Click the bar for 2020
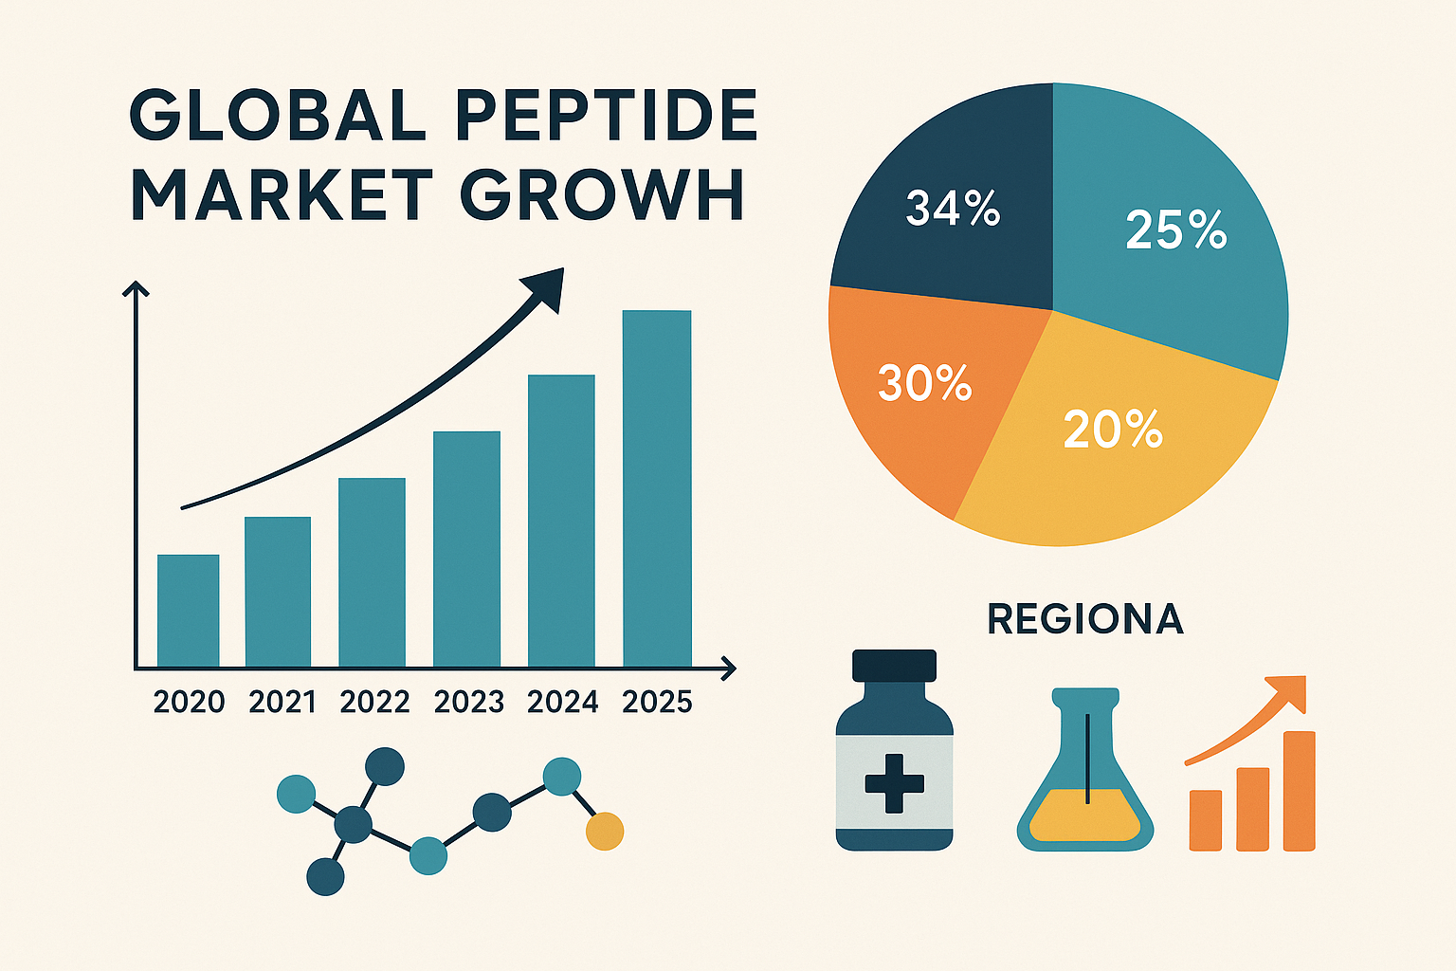(x=188, y=611)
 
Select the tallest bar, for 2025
(x=657, y=488)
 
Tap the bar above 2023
(x=466, y=549)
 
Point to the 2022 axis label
(x=374, y=703)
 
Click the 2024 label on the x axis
(x=563, y=703)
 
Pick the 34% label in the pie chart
(x=953, y=209)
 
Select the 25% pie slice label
(x=1175, y=230)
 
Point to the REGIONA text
(x=1085, y=619)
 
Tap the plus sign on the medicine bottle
(x=894, y=782)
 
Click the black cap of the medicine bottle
(x=894, y=666)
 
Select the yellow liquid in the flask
(x=1085, y=817)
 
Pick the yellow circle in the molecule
(x=605, y=831)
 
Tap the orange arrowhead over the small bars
(x=1289, y=692)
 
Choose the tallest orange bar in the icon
(x=1299, y=791)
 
